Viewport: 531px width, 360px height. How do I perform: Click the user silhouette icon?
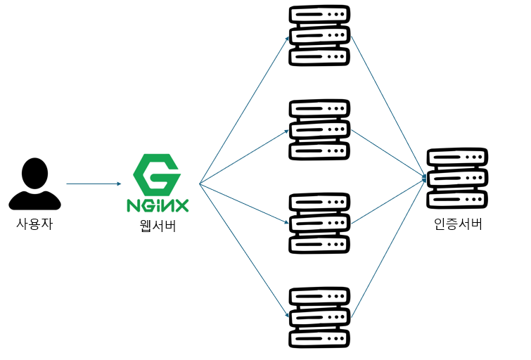[x=34, y=184]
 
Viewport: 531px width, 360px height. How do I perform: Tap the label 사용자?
[x=34, y=225]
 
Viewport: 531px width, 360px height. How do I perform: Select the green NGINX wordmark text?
[x=158, y=205]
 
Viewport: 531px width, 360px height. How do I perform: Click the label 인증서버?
[x=458, y=225]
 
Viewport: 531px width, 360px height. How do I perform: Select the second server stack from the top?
[x=320, y=130]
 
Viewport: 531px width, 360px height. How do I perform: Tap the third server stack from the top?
[x=320, y=224]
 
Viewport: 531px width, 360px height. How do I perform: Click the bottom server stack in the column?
[x=320, y=317]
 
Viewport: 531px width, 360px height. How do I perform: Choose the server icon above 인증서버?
[x=457, y=179]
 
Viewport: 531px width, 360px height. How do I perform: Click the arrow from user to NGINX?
[x=94, y=184]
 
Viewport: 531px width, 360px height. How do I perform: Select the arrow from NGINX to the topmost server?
[x=244, y=110]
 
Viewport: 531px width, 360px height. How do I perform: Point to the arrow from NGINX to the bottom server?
[x=244, y=252]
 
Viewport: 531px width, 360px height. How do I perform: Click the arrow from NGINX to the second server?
[x=244, y=157]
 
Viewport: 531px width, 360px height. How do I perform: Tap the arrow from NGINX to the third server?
[x=244, y=205]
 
